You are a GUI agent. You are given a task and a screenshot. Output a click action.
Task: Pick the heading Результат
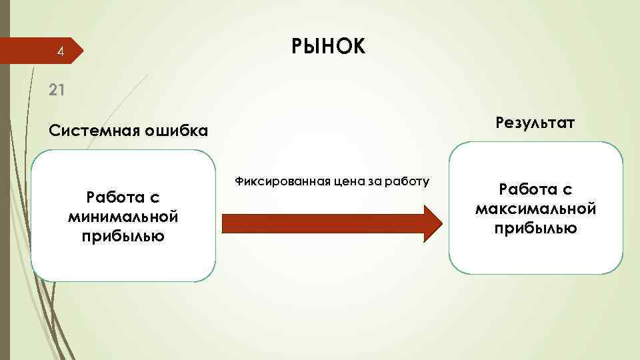coord(535,123)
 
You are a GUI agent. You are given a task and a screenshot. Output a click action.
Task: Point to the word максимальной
coord(535,209)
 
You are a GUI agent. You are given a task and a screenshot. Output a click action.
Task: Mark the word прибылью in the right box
coord(535,228)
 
